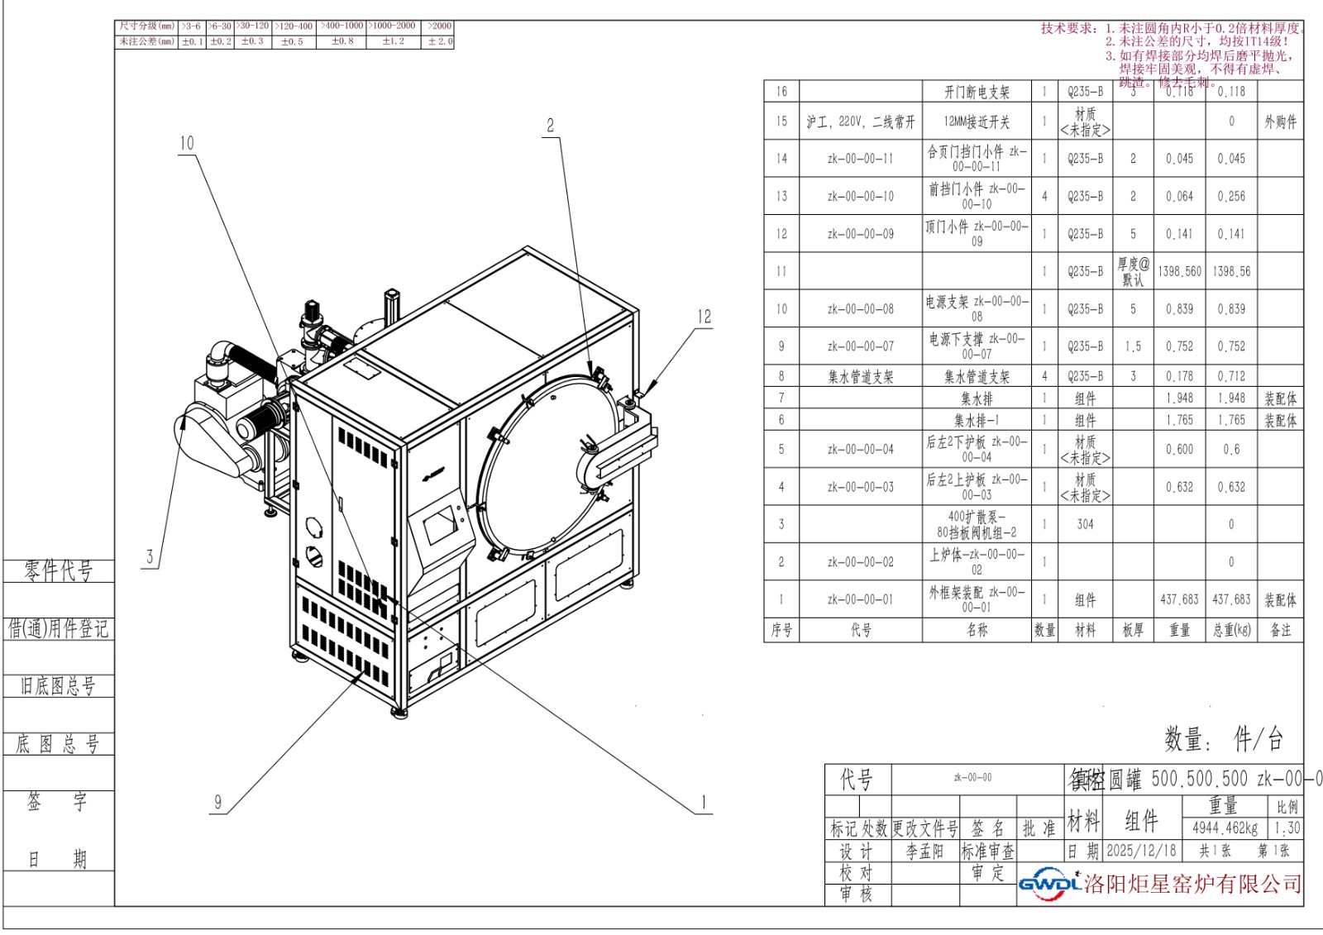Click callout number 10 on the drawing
(x=187, y=143)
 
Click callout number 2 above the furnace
(x=550, y=126)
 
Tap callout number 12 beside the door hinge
(x=704, y=316)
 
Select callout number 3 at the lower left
(x=150, y=556)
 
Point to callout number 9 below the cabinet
(x=218, y=801)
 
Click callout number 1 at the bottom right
(x=704, y=802)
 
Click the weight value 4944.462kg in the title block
(x=1225, y=828)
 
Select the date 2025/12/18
(x=1141, y=850)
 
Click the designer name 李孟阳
(x=924, y=851)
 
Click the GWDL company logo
(x=1049, y=884)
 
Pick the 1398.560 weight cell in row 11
(x=1179, y=271)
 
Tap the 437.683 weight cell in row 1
(x=1179, y=599)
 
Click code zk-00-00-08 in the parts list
(x=860, y=309)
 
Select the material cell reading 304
(x=1085, y=524)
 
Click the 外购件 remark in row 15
(x=1280, y=122)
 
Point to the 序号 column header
(x=781, y=630)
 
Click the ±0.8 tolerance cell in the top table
(x=342, y=41)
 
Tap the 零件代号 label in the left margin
(x=58, y=570)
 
